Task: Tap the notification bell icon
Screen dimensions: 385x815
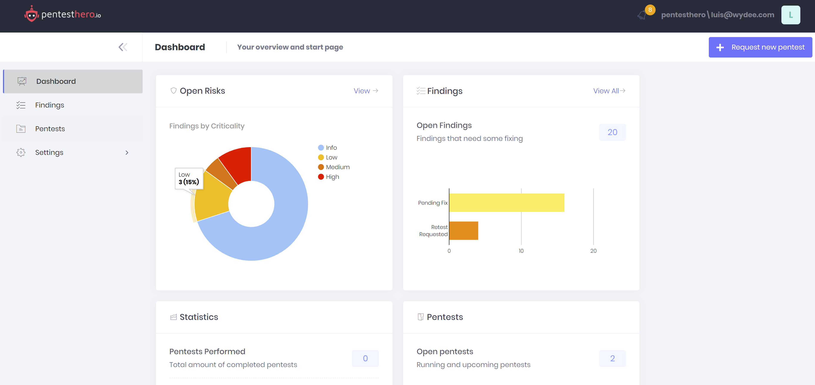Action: (642, 15)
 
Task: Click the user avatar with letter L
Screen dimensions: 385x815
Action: (790, 15)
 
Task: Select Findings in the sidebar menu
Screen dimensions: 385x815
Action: (50, 105)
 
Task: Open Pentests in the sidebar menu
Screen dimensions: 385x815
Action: (50, 129)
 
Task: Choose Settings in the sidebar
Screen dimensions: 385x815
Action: (49, 153)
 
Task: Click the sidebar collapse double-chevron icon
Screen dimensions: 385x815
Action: (123, 47)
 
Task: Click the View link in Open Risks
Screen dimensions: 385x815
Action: (366, 91)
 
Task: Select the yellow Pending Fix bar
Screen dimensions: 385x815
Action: (506, 203)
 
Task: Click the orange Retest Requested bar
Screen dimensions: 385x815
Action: (463, 231)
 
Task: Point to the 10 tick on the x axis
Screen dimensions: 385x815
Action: (521, 251)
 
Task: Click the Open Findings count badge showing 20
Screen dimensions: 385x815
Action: (612, 132)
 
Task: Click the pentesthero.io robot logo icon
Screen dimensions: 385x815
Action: (31, 15)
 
